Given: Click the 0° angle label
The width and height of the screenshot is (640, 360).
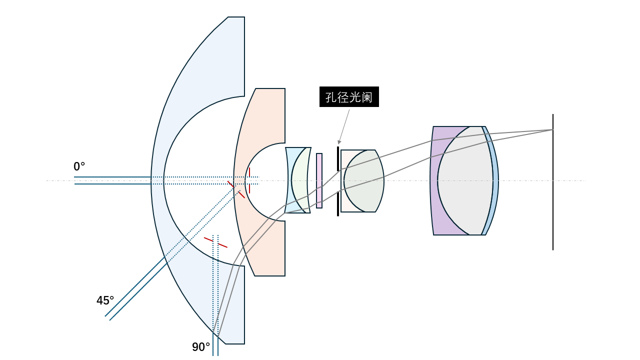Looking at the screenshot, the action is (79, 166).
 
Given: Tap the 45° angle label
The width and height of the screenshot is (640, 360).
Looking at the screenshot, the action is (105, 300).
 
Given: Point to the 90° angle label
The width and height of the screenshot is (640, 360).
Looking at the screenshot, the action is (201, 347).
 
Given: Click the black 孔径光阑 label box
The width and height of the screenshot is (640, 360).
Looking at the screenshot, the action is (349, 97).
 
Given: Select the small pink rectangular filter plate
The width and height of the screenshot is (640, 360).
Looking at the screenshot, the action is (319, 181).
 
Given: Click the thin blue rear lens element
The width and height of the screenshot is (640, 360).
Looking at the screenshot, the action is (495, 181).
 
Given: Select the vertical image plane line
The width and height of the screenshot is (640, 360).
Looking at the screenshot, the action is (553, 182).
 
